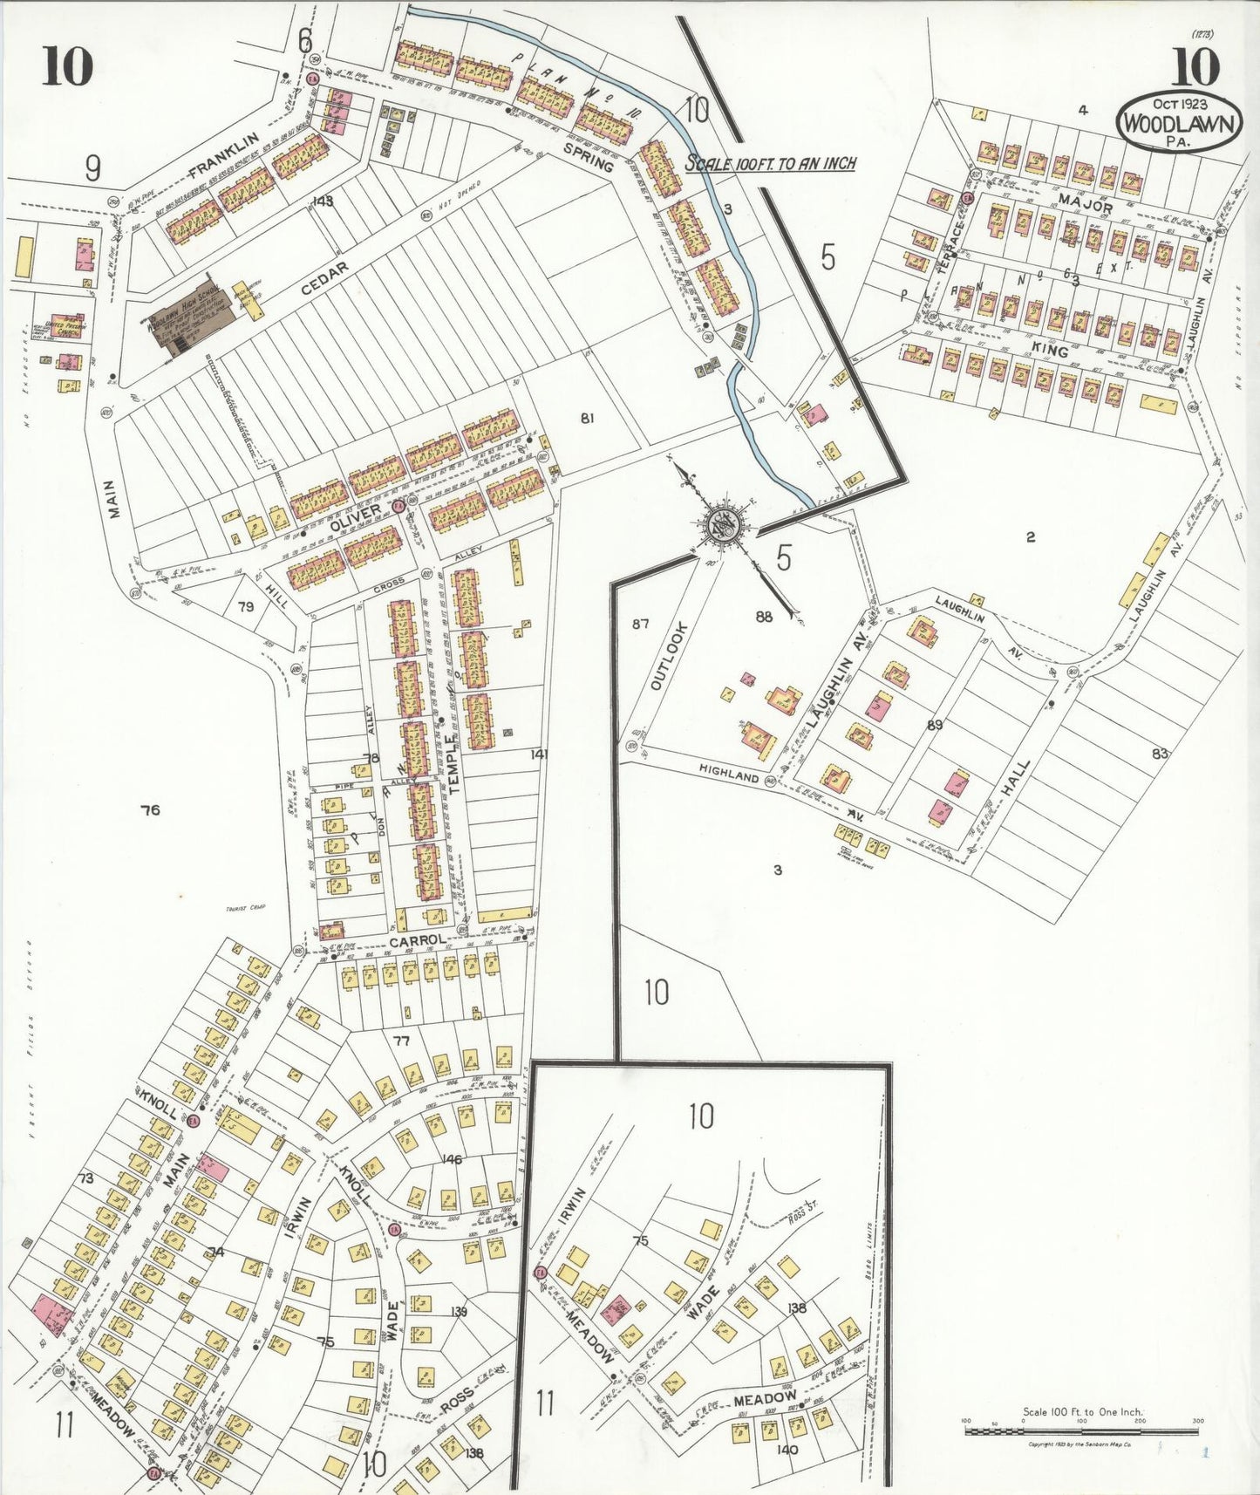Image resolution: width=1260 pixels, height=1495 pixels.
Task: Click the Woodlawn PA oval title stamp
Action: point(1178,122)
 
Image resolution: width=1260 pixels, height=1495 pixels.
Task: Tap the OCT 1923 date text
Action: point(1178,104)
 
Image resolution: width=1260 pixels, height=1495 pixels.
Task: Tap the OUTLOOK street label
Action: point(669,656)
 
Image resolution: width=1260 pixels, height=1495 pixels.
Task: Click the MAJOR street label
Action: point(1085,206)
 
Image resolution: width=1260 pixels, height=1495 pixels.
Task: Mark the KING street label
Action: point(1049,349)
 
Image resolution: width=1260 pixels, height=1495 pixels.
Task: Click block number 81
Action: point(587,419)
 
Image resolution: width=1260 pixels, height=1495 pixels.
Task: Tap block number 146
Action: point(452,1159)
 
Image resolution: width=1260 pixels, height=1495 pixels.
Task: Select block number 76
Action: point(150,810)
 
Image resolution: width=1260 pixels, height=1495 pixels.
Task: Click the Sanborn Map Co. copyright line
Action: point(1080,1445)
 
